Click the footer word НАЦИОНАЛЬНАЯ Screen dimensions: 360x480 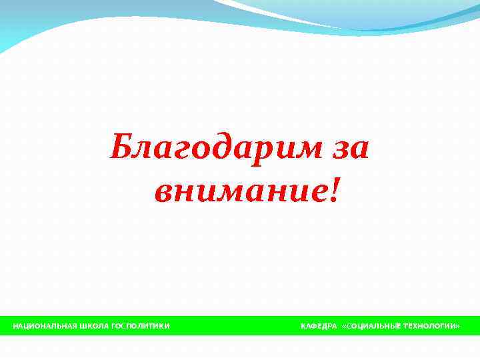(x=43, y=326)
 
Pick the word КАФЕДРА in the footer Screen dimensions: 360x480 (x=319, y=326)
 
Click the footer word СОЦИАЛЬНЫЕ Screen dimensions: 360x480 (x=371, y=326)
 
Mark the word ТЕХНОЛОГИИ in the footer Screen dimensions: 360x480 (x=428, y=326)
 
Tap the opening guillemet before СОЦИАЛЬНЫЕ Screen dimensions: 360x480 (x=343, y=326)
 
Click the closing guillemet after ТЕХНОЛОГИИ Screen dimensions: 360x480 (x=458, y=326)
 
